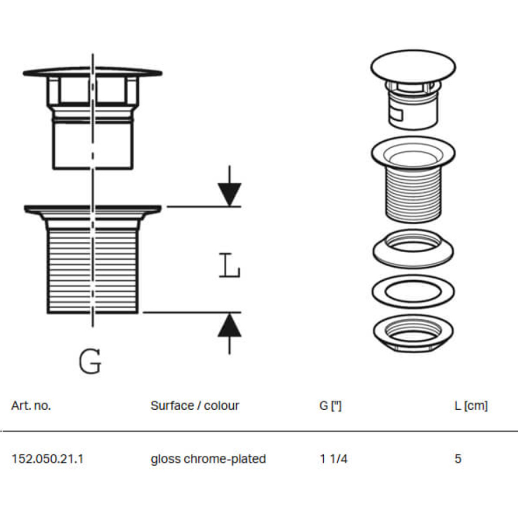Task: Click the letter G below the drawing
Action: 90,362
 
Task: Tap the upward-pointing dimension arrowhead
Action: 229,326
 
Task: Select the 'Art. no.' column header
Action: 31,406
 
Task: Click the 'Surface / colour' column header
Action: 195,406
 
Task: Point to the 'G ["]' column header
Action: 330,406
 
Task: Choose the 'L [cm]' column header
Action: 471,406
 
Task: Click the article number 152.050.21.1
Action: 47,459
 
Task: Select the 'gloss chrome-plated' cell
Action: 208,459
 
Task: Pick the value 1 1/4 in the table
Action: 334,459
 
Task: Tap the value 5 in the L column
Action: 458,459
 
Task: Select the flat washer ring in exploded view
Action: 413,291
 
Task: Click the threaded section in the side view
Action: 92,269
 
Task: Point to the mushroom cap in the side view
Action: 92,71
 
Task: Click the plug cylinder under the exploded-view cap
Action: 413,109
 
